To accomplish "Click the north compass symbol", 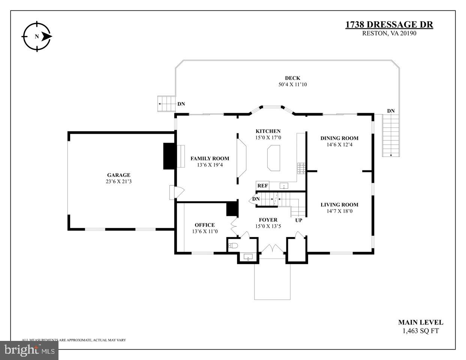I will click(x=36, y=36).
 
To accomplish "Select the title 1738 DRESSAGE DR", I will click(x=389, y=25).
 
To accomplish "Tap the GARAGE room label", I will click(x=118, y=175).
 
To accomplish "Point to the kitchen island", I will click(x=274, y=158).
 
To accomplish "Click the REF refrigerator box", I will click(x=262, y=185).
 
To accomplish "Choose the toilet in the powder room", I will click(x=233, y=246).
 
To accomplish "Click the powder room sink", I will click(x=248, y=257).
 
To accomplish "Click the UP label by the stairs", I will click(x=298, y=220).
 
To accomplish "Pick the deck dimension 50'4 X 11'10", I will click(x=292, y=85).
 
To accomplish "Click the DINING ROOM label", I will click(x=339, y=138).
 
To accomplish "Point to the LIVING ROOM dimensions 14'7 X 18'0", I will click(x=339, y=211).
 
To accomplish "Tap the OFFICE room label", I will click(x=205, y=225).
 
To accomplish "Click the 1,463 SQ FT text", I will click(x=420, y=331).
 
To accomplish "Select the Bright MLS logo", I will click(x=29, y=350).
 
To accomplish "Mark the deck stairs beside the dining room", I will click(x=391, y=136).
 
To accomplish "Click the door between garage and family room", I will click(x=176, y=193).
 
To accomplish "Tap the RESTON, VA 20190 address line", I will click(x=389, y=33).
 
